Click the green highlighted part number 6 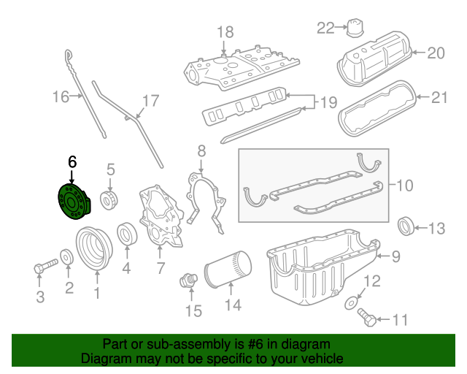click(72, 202)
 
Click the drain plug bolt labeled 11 click(368, 318)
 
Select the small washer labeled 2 click(66, 257)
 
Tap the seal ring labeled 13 click(406, 227)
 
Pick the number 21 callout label click(439, 97)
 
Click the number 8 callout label click(201, 151)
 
